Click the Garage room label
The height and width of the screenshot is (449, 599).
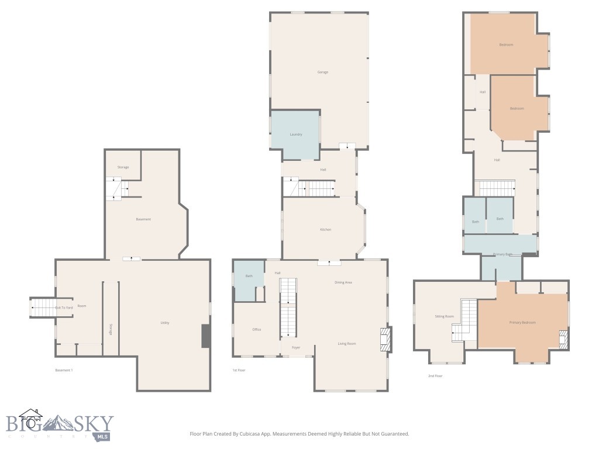[x=322, y=72]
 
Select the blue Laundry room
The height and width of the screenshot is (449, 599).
[x=295, y=134]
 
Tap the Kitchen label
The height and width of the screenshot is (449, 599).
[x=325, y=229]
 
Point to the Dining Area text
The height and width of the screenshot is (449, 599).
[x=343, y=282]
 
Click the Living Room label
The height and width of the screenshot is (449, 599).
[x=346, y=343]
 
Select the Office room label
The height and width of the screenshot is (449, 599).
[x=256, y=330]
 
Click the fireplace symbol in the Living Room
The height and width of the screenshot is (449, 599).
[x=384, y=339]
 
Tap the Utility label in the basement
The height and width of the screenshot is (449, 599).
[x=165, y=323]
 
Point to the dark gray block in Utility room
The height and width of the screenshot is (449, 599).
[x=205, y=336]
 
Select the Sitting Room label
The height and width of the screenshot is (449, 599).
[x=444, y=316]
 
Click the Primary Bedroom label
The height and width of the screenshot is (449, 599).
[x=522, y=322]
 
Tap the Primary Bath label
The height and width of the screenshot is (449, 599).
[x=502, y=254]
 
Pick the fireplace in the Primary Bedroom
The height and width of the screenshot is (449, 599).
[x=563, y=339]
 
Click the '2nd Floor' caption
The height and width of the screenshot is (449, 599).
[x=435, y=376]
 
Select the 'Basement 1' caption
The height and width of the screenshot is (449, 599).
[x=64, y=370]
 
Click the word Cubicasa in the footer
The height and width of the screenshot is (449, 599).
[x=259, y=434]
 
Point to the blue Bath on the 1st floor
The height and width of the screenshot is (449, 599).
[x=249, y=276]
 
